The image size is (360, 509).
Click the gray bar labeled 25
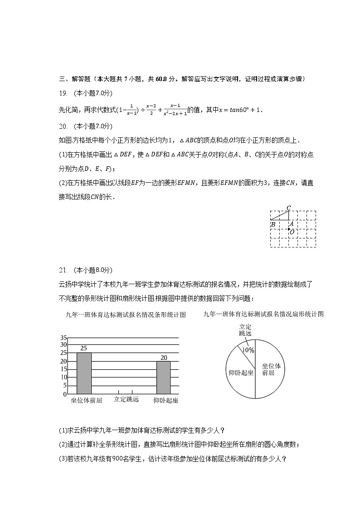(84, 373)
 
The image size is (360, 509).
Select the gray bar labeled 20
(163, 377)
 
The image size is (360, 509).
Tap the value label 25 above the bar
(84, 348)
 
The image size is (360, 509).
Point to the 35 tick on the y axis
(63, 338)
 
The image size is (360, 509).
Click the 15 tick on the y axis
(63, 369)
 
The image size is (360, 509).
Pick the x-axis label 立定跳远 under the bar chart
(126, 399)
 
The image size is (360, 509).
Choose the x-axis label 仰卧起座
(165, 400)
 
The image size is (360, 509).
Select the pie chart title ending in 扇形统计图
(263, 314)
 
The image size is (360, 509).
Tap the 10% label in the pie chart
(248, 350)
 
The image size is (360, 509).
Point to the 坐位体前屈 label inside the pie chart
(272, 369)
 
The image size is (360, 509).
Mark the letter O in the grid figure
(292, 232)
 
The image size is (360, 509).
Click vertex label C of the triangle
(288, 208)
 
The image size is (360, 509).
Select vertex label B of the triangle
(273, 224)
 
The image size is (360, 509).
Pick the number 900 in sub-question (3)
(110, 458)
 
